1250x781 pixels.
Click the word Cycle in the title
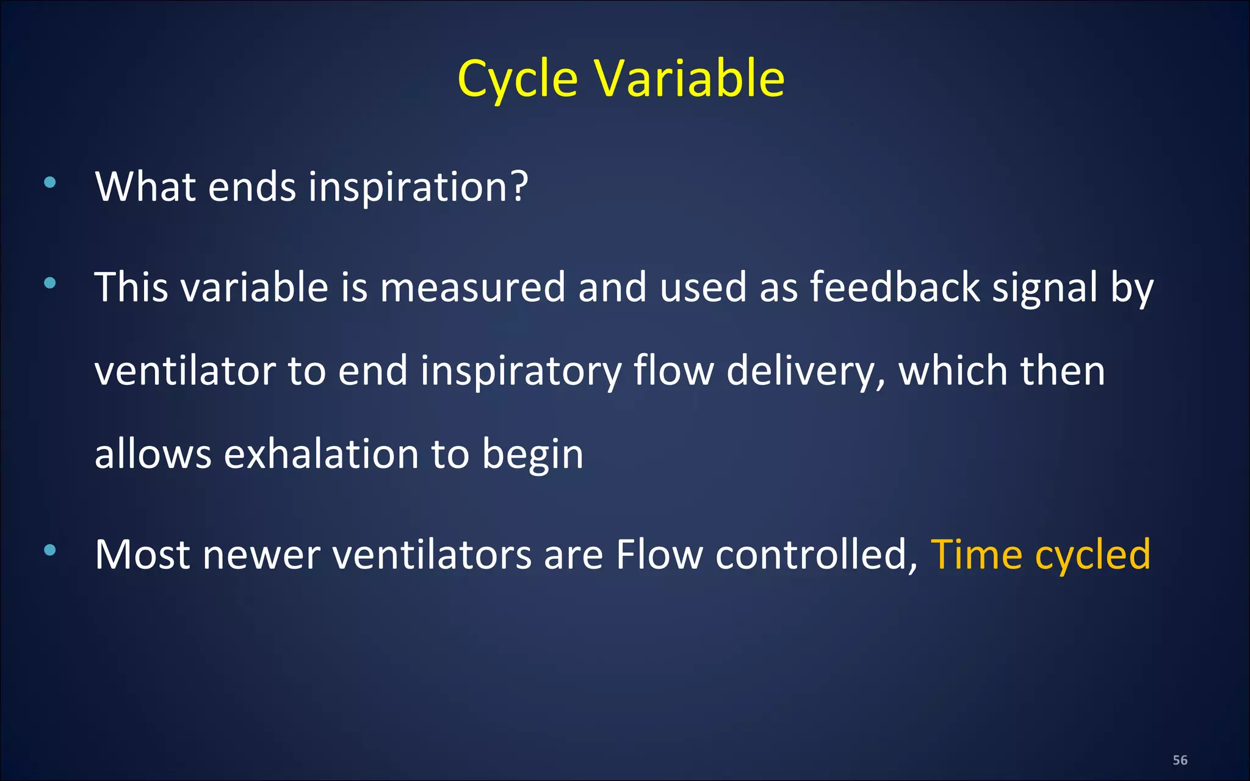point(517,79)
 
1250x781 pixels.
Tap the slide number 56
point(1180,760)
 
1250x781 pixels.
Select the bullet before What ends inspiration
point(50,182)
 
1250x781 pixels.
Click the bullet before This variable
point(50,283)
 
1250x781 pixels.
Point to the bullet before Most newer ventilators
point(50,550)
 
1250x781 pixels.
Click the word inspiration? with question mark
point(418,187)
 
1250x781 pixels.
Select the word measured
point(473,287)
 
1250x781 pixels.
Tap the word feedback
point(894,287)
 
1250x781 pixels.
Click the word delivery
point(805,371)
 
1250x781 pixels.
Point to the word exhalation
point(321,455)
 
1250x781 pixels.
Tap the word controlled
point(816,555)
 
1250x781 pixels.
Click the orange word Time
point(976,555)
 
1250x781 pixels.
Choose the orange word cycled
point(1093,556)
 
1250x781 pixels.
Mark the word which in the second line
point(953,371)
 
